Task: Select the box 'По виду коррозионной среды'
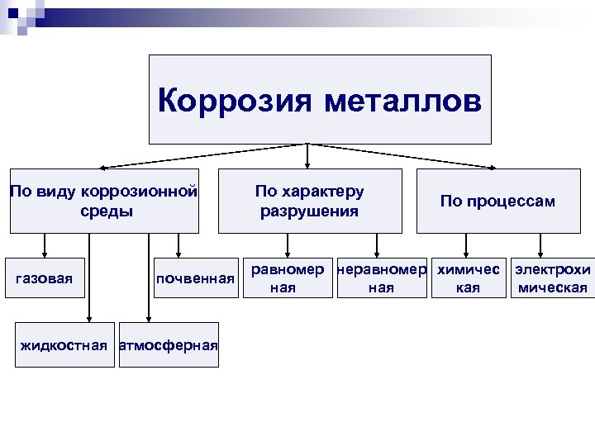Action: [104, 201]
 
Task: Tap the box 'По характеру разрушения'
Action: [310, 201]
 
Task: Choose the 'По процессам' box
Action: [497, 201]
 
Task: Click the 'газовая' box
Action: [45, 278]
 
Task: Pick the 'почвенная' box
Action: [195, 279]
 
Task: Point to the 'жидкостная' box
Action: [64, 345]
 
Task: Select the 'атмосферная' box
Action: [169, 345]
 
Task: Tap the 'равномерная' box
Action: [288, 278]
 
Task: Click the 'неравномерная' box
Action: [382, 278]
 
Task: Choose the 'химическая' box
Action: [468, 278]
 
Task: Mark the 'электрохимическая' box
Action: [553, 278]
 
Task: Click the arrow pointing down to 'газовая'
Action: [45, 244]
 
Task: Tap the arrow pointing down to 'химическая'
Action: [467, 245]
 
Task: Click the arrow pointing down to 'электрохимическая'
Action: [541, 245]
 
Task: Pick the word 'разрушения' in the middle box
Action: [309, 211]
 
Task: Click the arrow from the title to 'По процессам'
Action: [405, 156]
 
